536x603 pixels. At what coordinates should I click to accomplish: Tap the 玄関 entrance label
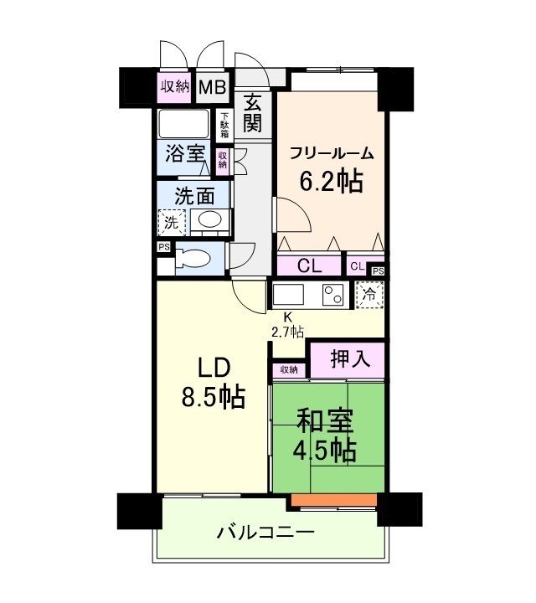point(252,114)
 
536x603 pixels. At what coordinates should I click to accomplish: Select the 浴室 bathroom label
point(184,155)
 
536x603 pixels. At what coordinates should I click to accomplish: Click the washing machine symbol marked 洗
point(171,223)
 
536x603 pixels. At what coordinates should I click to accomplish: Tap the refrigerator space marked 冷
point(369,295)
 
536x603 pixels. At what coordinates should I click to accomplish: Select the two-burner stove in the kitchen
point(333,296)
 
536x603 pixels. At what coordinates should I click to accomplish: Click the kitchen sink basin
point(289,296)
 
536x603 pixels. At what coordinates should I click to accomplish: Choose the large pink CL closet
point(309,267)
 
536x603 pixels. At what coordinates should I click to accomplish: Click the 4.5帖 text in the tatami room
point(326,450)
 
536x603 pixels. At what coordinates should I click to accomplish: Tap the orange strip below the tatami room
point(334,501)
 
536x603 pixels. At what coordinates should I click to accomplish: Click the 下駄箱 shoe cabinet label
point(224,126)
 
